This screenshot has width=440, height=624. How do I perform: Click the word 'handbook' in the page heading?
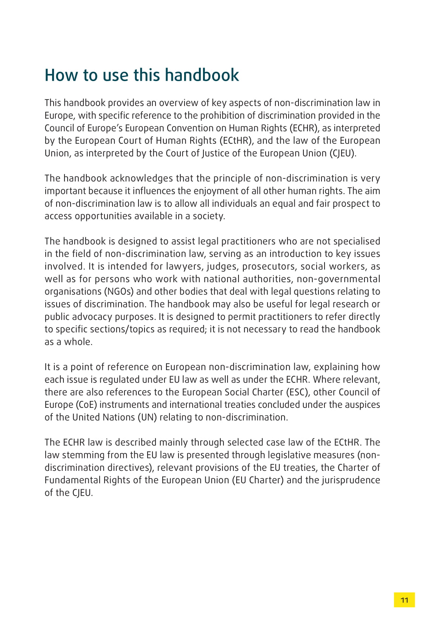pyautogui.click(x=202, y=75)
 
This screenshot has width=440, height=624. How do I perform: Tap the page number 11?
pyautogui.click(x=404, y=600)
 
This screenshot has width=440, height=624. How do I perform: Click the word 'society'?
pyautogui.click(x=209, y=216)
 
